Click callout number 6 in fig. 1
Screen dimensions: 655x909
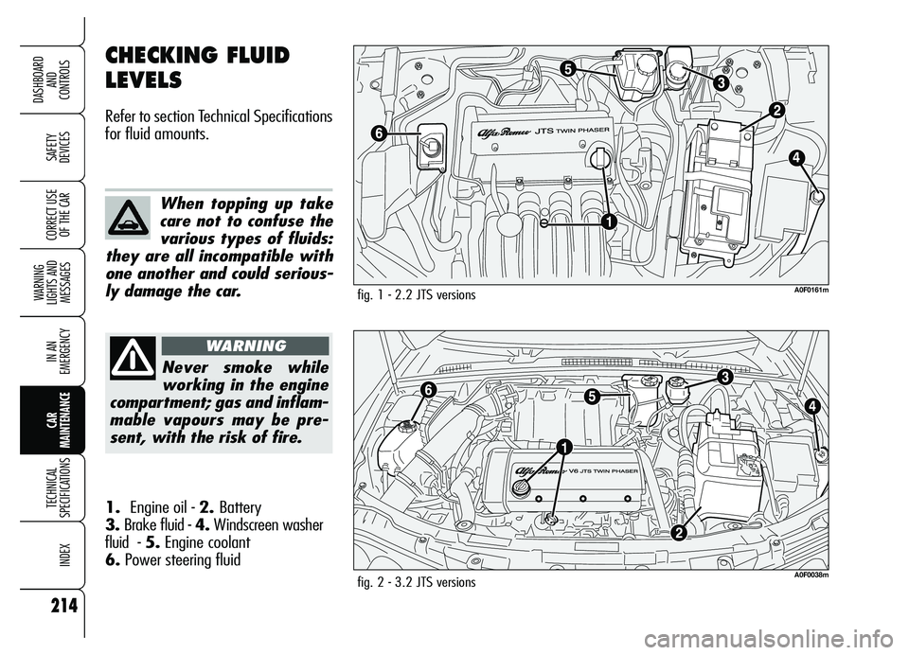[x=379, y=134]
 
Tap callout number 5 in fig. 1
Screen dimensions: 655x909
[x=566, y=68]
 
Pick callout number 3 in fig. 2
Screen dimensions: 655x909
[x=724, y=376]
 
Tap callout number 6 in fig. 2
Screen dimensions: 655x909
[x=428, y=389]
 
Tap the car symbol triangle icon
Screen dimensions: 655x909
[x=128, y=219]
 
